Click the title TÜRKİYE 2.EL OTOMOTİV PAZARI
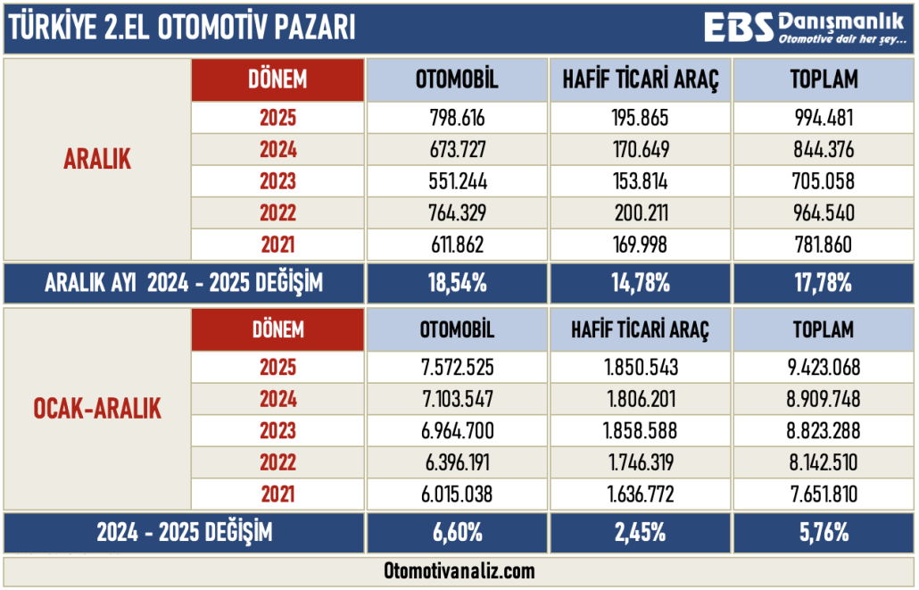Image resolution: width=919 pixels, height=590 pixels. pyautogui.click(x=181, y=29)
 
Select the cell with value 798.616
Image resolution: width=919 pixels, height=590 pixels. pyautogui.click(x=457, y=118)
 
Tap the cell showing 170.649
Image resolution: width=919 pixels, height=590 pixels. pyautogui.click(x=640, y=150)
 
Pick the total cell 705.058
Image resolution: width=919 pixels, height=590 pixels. pyautogui.click(x=824, y=181)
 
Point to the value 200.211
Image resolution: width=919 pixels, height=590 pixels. pyautogui.click(x=640, y=212)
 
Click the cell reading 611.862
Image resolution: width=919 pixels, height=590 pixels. pyautogui.click(x=457, y=245)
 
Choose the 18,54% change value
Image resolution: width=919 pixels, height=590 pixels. pyautogui.click(x=457, y=284)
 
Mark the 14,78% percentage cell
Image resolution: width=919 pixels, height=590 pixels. pyautogui.click(x=640, y=284)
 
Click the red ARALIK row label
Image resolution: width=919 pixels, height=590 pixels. pyautogui.click(x=97, y=160)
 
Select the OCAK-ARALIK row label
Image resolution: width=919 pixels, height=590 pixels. pyautogui.click(x=97, y=410)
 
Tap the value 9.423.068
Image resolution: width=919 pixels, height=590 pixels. pyautogui.click(x=824, y=367)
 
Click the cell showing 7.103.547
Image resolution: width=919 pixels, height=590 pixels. pyautogui.click(x=457, y=399)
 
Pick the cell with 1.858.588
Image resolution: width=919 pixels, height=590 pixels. pyautogui.click(x=640, y=431)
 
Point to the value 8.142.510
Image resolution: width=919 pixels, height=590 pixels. pyautogui.click(x=824, y=462)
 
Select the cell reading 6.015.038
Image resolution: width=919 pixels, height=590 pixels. pyautogui.click(x=457, y=494)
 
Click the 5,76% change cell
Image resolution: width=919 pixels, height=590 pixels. pyautogui.click(x=824, y=534)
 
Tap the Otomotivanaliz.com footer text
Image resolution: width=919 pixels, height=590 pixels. pyautogui.click(x=459, y=570)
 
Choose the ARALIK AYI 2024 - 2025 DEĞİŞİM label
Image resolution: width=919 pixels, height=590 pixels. pyautogui.click(x=184, y=284)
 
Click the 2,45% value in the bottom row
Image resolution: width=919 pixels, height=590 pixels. pyautogui.click(x=640, y=534)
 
